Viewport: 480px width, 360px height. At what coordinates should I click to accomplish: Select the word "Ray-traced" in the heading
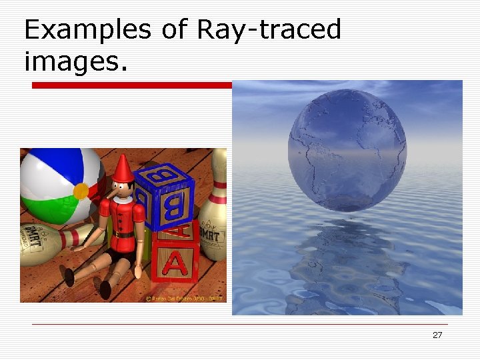[x=269, y=31]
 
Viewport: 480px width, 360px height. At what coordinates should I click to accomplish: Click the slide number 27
[x=437, y=335]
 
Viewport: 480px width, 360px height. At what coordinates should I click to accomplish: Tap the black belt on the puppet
[x=123, y=235]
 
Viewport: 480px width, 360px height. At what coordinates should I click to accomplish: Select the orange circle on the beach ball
[x=81, y=191]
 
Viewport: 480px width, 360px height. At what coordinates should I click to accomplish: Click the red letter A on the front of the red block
[x=175, y=264]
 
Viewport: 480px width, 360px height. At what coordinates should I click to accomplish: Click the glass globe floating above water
[x=347, y=150]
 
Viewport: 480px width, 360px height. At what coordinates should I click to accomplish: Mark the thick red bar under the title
[x=133, y=85]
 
